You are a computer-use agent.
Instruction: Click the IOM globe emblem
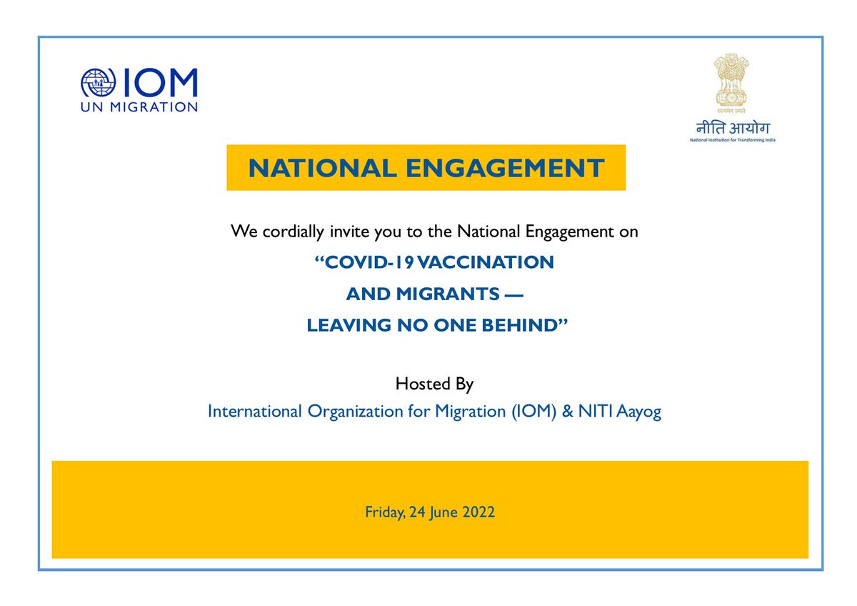pyautogui.click(x=98, y=84)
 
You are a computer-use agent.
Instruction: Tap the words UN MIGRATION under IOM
pyautogui.click(x=139, y=107)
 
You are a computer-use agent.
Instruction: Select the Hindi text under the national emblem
pyautogui.click(x=733, y=129)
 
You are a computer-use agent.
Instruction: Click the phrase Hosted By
pyautogui.click(x=434, y=384)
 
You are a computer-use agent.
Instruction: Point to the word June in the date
pyautogui.click(x=443, y=512)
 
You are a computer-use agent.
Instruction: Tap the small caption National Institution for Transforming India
pyautogui.click(x=733, y=140)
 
